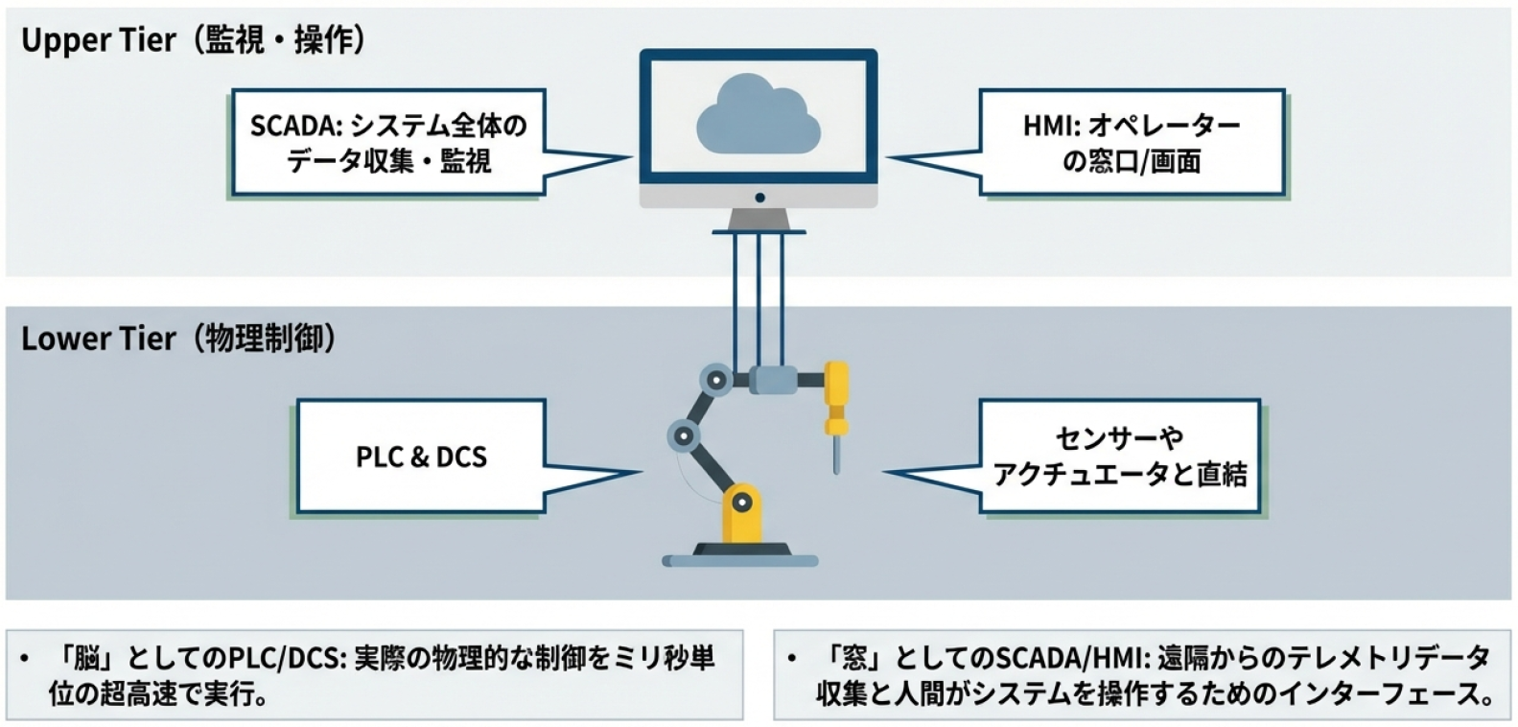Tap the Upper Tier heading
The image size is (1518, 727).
tap(193, 41)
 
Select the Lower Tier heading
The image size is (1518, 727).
tap(178, 340)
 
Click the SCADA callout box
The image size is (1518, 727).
tap(387, 143)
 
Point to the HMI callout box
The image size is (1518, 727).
tap(1131, 143)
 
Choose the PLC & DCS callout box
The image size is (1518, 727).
tap(421, 457)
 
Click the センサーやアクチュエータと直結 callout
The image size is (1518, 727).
tap(1119, 457)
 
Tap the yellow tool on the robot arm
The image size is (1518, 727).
tap(836, 403)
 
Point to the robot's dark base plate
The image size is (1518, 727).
tap(740, 552)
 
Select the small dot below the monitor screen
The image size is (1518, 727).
tap(759, 198)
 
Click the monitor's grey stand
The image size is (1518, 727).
tap(759, 221)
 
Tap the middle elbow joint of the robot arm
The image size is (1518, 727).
tap(684, 436)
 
